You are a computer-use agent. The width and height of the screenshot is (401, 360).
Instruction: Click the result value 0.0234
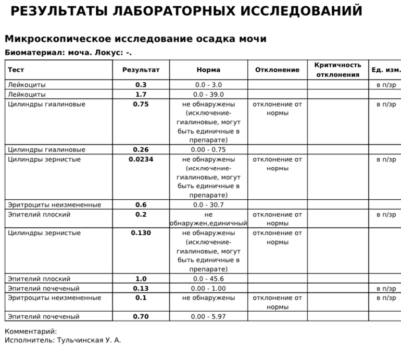coord(141,159)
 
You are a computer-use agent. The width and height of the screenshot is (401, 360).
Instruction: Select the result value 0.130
coord(141,233)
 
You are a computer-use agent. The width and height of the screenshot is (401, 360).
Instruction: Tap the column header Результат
coord(141,70)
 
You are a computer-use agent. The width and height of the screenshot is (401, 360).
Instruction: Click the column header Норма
coord(208,70)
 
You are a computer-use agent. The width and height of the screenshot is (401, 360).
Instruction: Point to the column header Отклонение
coord(277,70)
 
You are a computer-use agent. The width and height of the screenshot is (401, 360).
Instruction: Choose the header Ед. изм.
coord(386,70)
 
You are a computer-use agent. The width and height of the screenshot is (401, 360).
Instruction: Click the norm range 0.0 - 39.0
coord(208,94)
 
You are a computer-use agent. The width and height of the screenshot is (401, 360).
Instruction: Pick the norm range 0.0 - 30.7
coord(208,204)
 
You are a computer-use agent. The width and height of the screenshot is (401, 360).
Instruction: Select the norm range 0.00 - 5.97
coord(208,316)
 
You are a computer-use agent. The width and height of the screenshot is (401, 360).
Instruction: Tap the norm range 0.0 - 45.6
coord(208,279)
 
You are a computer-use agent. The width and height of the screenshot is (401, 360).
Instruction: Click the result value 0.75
coord(141,104)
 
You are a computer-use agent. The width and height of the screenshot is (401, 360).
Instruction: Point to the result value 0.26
coord(141,149)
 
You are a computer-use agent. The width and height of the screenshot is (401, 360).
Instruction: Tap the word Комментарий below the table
coord(30,331)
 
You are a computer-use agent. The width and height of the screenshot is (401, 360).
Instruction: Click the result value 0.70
coord(141,316)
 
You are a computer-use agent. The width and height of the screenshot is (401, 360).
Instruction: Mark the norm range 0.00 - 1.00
coord(208,288)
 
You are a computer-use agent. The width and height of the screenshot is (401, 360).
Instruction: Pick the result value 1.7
coord(141,94)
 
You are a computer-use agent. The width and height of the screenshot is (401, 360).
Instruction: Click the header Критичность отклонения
coord(337,70)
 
